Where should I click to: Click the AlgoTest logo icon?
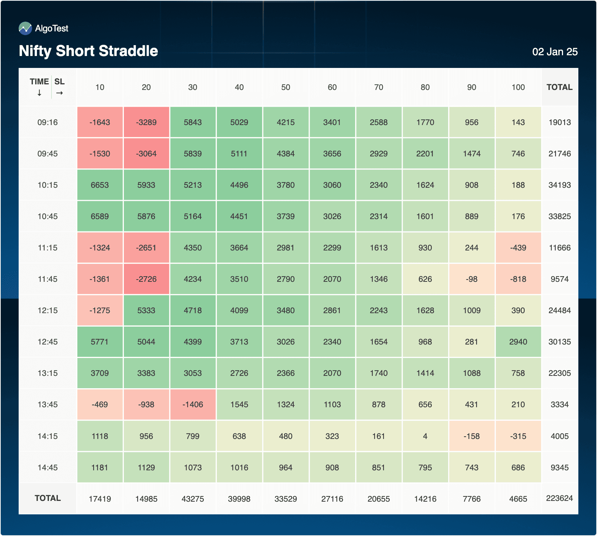click(25, 28)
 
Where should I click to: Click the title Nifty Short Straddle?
click(88, 51)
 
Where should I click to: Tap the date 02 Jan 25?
click(554, 52)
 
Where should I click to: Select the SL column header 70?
click(378, 87)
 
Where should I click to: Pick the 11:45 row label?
click(47, 279)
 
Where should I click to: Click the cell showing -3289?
click(146, 122)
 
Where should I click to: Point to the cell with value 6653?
click(100, 185)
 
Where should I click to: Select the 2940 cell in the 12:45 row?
click(518, 342)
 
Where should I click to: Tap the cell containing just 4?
click(425, 436)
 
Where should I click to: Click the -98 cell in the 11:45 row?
click(471, 279)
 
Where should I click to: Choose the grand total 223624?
click(559, 498)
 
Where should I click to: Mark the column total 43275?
click(193, 499)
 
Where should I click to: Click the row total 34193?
click(559, 185)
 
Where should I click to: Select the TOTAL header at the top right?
click(559, 87)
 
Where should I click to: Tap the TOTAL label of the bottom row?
click(47, 498)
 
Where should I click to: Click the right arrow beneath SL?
click(59, 93)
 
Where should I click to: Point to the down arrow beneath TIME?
click(39, 93)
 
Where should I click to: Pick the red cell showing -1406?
click(193, 405)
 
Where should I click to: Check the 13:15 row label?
click(47, 373)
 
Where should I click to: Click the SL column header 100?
click(518, 87)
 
